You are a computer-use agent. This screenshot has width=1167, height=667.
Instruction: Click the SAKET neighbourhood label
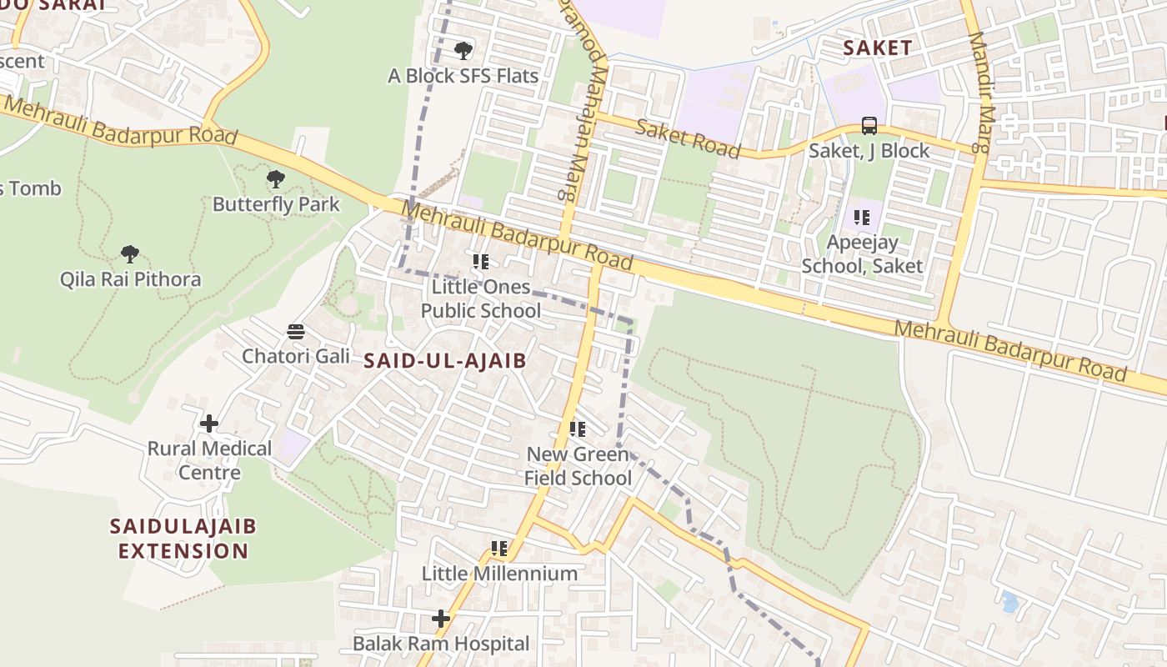(x=877, y=48)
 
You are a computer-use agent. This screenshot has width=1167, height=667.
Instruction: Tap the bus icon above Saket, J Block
(x=869, y=126)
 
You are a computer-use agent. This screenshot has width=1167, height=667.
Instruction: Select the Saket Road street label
(x=688, y=138)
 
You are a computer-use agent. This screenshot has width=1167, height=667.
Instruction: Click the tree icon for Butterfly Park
(x=275, y=178)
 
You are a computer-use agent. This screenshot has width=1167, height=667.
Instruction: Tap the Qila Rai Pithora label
(x=130, y=279)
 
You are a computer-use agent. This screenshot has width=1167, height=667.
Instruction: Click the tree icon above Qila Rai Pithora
(x=129, y=253)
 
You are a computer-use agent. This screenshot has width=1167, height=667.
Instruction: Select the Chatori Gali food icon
(x=295, y=332)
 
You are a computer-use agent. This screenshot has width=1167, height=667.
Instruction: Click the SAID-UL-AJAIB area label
(x=445, y=360)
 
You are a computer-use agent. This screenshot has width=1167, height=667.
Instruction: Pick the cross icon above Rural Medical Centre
(x=208, y=424)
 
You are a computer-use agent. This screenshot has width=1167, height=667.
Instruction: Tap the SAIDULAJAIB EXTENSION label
(x=183, y=539)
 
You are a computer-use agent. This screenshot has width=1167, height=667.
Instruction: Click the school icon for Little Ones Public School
(x=480, y=262)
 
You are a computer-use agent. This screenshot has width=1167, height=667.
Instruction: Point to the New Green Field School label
(x=578, y=466)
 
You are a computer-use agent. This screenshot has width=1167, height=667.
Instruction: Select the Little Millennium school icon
(x=498, y=549)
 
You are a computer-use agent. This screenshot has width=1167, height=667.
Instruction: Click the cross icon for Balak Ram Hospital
(x=440, y=619)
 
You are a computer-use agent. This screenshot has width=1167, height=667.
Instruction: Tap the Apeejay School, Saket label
(x=862, y=254)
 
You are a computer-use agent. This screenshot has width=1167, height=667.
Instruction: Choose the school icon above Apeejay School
(x=861, y=218)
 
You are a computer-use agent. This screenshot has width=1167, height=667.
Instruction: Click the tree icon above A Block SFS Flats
(x=463, y=51)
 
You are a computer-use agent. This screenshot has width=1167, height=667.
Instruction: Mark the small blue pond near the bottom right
(x=1009, y=601)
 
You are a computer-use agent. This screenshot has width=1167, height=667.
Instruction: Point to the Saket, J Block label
(x=869, y=151)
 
